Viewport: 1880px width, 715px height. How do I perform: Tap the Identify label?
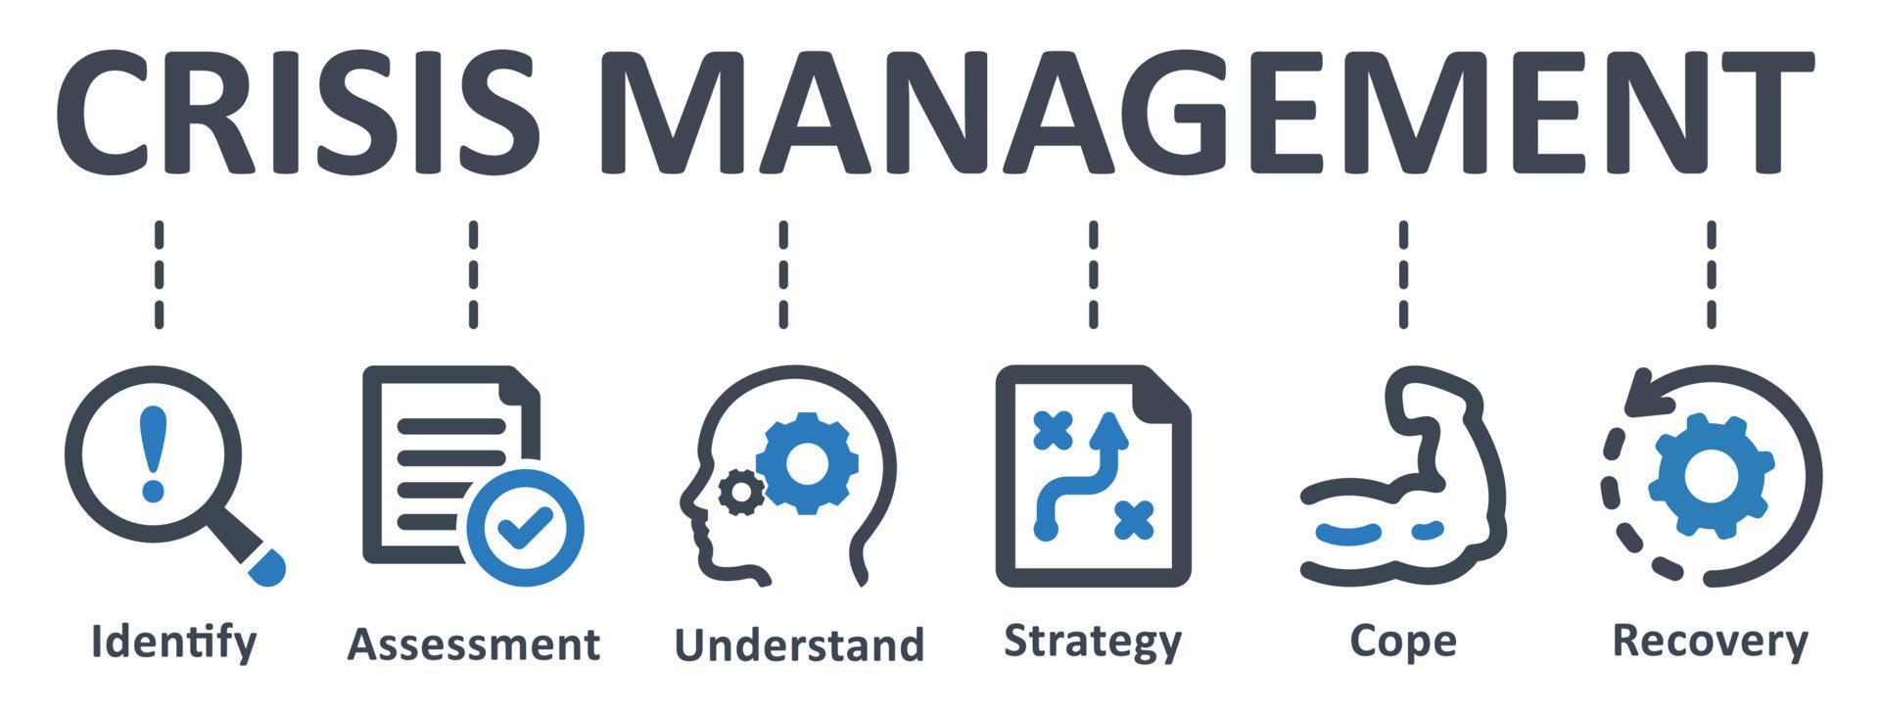174,642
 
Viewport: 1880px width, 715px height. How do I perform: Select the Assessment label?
474,644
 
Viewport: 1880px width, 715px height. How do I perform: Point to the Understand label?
799,644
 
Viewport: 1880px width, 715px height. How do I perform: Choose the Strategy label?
1093,642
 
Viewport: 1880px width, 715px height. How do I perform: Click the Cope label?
1402,642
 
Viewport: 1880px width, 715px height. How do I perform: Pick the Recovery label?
1710,642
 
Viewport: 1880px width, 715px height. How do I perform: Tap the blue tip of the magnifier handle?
266,568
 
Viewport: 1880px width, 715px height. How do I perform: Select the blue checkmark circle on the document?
525,529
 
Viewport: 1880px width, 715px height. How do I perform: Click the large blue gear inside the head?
807,463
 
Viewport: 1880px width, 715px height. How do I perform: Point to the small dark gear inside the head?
740,492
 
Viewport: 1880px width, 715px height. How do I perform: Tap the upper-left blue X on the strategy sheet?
1053,431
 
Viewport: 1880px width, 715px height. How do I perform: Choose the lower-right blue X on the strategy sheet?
1135,519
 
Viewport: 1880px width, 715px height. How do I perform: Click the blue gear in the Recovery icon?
1710,475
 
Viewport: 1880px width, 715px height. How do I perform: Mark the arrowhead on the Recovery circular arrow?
1633,397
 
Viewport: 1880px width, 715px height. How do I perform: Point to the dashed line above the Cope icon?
1403,274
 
